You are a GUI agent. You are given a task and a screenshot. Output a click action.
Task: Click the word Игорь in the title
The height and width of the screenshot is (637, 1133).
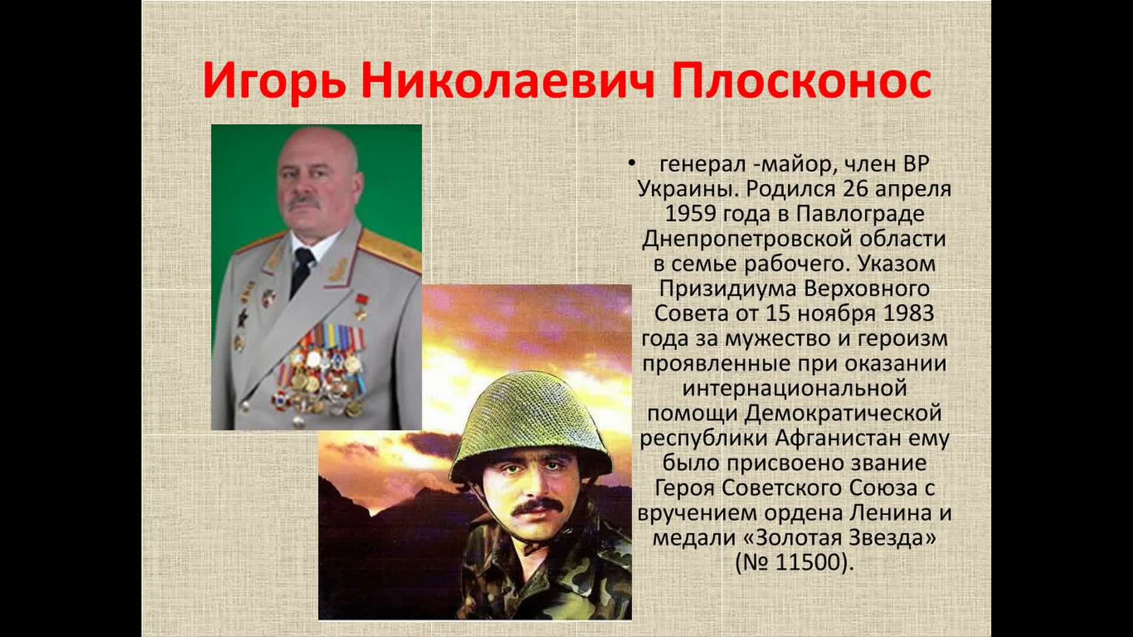(x=274, y=83)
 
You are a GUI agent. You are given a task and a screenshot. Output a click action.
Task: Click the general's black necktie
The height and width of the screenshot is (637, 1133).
(x=301, y=265)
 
